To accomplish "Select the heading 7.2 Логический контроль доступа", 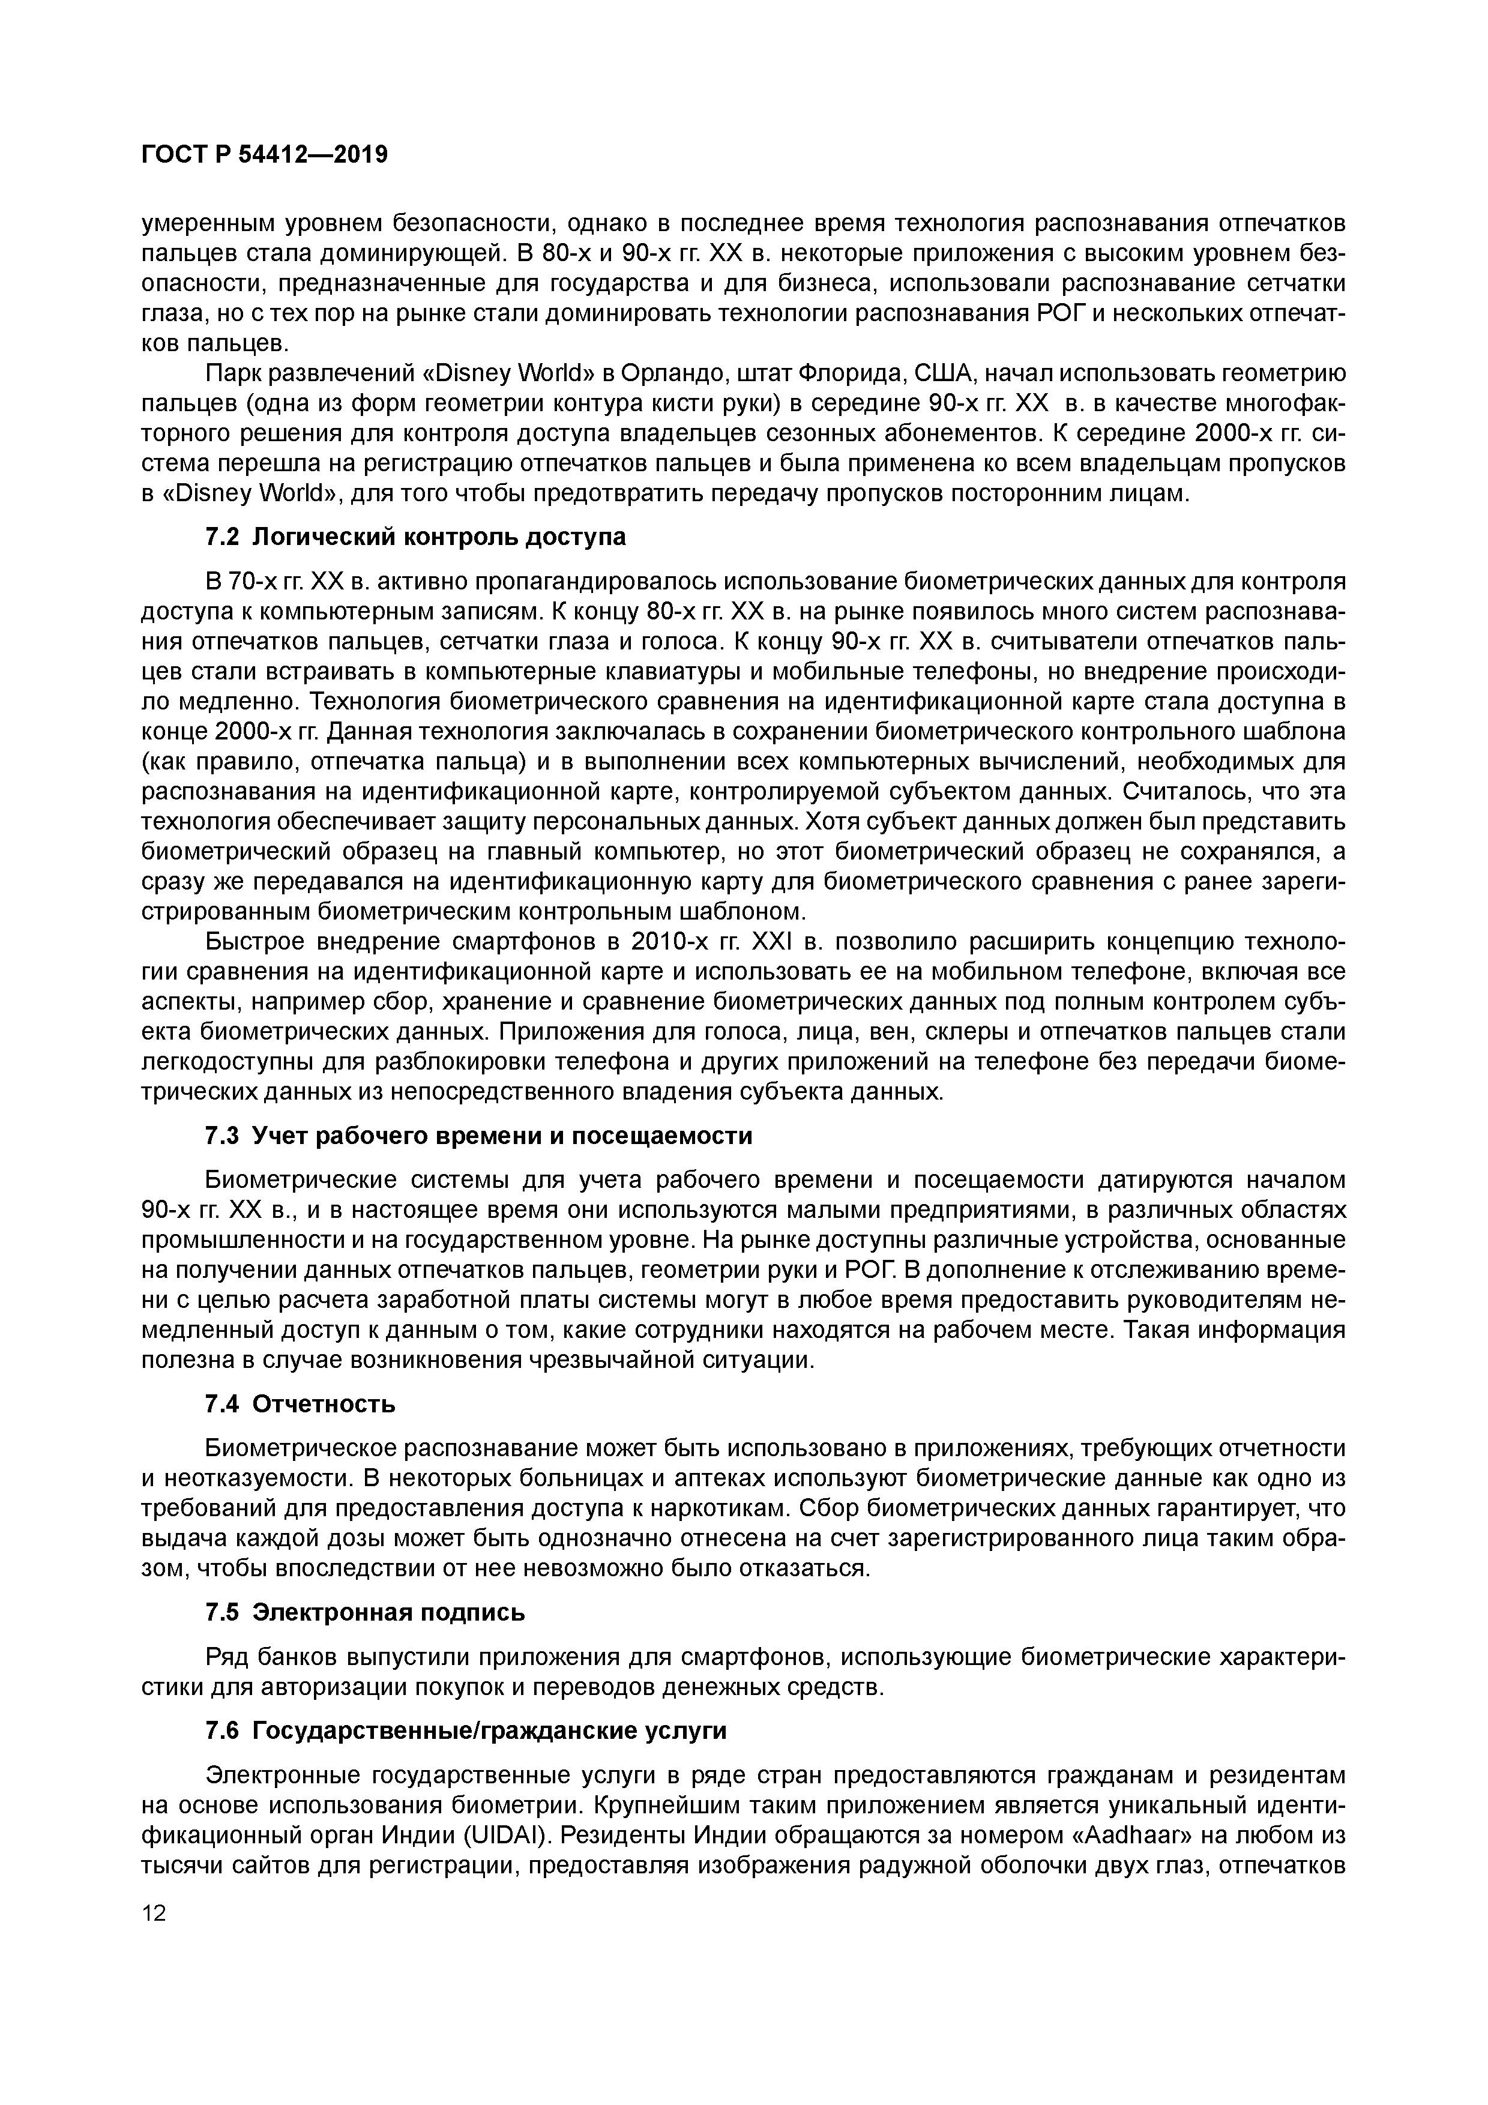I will point(415,537).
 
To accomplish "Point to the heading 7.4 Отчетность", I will point(300,1405).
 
